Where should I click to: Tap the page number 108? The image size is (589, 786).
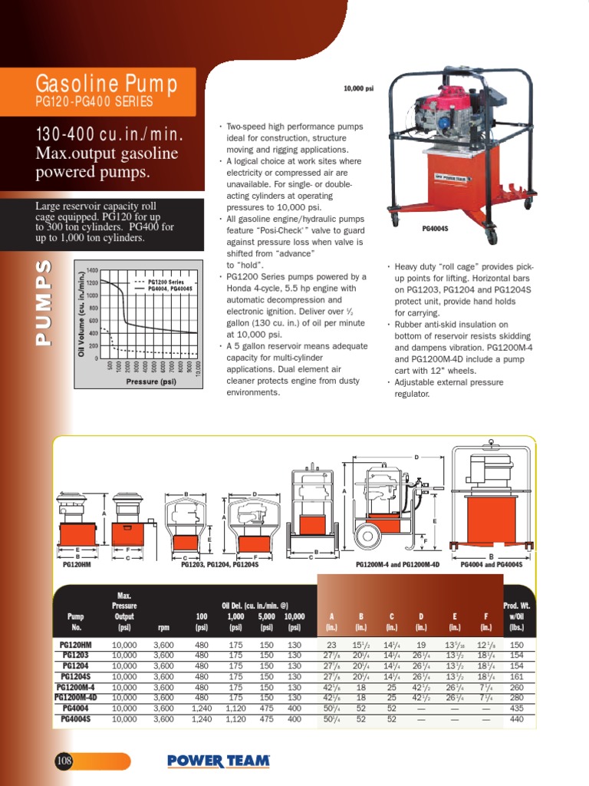click(64, 761)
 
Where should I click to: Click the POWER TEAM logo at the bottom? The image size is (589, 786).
click(219, 761)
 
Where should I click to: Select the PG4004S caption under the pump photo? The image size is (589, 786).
click(434, 229)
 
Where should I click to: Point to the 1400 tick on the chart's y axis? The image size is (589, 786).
click(92, 271)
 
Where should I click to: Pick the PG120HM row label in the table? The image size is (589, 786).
click(76, 646)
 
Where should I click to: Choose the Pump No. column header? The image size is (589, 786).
click(75, 621)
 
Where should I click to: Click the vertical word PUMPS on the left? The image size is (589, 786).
click(44, 303)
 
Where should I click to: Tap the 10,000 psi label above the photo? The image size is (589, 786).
click(358, 89)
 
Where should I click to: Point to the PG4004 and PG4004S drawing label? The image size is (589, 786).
click(491, 564)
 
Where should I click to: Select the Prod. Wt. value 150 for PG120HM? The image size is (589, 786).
click(516, 646)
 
